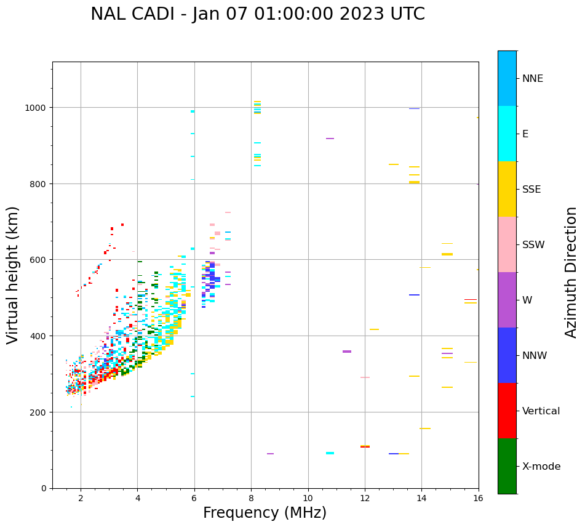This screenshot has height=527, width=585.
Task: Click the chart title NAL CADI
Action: [257, 14]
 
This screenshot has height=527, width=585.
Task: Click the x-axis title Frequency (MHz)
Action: [265, 513]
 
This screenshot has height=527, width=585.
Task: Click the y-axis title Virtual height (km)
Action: [13, 275]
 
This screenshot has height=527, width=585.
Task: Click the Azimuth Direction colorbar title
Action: [571, 272]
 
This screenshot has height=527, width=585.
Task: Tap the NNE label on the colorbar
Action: [533, 78]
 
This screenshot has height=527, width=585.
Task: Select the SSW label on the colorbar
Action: [533, 244]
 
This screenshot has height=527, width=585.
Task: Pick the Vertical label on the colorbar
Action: [541, 411]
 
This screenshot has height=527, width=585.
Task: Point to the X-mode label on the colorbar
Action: [541, 466]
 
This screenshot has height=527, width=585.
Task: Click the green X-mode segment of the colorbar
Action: [507, 466]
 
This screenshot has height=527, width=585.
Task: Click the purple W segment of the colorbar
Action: [507, 300]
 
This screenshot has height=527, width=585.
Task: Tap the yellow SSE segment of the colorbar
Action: [507, 189]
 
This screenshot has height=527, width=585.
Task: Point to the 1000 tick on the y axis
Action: [39, 107]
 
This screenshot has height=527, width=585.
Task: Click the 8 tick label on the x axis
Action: [251, 498]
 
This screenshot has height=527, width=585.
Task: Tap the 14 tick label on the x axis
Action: [421, 498]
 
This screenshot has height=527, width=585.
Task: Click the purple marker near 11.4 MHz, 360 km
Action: [347, 352]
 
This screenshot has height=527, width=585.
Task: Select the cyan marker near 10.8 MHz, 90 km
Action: [330, 453]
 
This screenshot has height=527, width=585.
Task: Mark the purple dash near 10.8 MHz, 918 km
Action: [330, 139]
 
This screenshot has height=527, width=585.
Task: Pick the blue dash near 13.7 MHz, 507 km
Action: [414, 295]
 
